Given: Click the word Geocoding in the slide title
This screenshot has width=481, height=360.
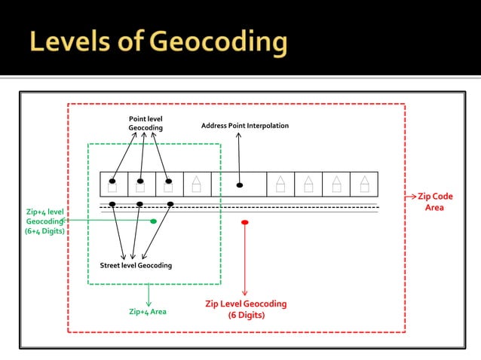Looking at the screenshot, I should (219, 42).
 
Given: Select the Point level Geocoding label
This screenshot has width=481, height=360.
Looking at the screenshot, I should (146, 124).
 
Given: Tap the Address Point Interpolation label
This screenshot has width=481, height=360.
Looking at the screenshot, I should (244, 126).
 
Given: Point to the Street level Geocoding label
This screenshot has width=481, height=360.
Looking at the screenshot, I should (136, 266).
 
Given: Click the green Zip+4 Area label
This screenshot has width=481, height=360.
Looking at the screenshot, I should (148, 311).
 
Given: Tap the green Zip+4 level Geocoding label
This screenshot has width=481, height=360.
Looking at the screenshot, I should (45, 221).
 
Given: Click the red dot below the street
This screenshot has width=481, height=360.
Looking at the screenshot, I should (244, 222).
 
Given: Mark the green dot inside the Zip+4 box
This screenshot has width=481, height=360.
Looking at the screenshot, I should (154, 221).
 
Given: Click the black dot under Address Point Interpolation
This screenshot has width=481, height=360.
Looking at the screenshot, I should (240, 185).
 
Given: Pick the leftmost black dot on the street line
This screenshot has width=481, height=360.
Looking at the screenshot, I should (112, 204).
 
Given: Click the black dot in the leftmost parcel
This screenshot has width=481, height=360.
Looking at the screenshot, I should (112, 182).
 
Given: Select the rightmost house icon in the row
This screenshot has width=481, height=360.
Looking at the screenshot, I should (364, 184).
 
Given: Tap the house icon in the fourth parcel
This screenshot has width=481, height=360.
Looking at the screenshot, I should (196, 184).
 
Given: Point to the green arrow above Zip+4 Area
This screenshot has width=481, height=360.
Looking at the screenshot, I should (149, 294).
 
